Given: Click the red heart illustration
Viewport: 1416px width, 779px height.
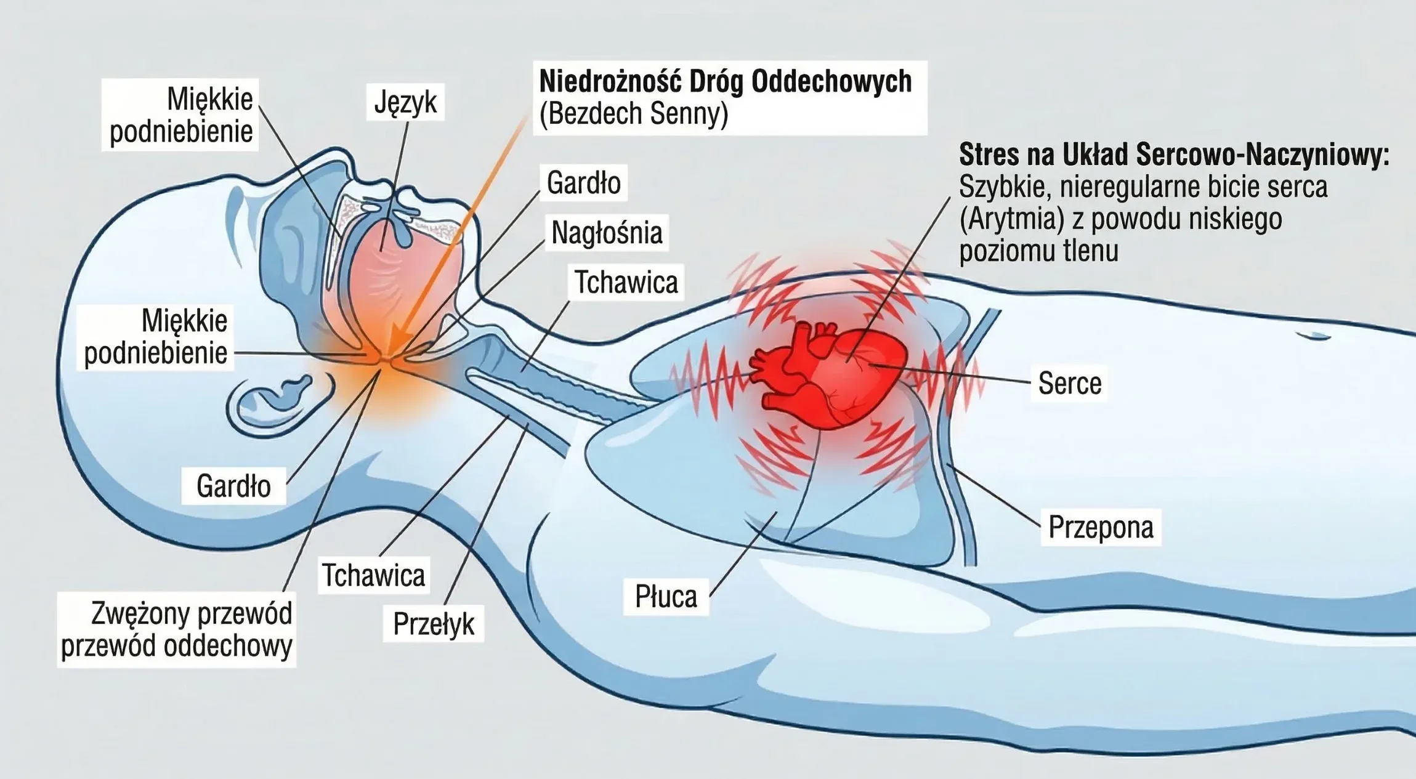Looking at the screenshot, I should pos(831,376).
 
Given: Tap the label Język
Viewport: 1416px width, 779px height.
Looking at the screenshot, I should pos(405,102).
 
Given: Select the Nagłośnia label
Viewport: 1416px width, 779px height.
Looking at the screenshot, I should pos(607,233).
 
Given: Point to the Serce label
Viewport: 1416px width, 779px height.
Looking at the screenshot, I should pos(1069,383).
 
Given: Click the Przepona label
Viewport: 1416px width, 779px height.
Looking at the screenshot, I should pos(1101,527).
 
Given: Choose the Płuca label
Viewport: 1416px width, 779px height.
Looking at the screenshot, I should pos(666,596).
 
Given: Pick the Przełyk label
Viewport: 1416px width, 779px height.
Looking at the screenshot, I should pos(433,624).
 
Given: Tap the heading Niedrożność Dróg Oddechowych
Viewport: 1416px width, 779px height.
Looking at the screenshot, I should pos(725,81).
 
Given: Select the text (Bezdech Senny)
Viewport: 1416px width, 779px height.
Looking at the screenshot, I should pos(634,114).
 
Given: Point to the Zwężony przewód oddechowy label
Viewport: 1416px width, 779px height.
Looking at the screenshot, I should pos(177,629).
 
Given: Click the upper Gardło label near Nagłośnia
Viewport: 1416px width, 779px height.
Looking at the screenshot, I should pos(583,183).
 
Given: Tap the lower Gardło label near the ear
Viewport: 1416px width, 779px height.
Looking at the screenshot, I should pos(233,486).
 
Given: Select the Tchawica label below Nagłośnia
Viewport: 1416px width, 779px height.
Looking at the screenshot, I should pos(626,282).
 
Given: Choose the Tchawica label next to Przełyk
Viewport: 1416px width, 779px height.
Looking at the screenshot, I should pos(373,575).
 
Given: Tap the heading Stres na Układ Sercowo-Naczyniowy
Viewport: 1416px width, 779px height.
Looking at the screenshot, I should pos(1174,155).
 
